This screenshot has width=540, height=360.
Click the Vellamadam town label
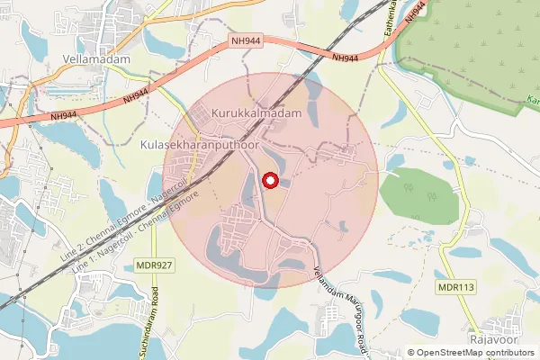[97, 59]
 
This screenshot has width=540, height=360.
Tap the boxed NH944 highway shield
[246, 41]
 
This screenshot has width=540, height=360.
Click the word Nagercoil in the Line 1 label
[109, 245]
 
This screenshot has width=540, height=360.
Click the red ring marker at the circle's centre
[269, 181]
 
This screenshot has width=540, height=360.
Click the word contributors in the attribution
[508, 353]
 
